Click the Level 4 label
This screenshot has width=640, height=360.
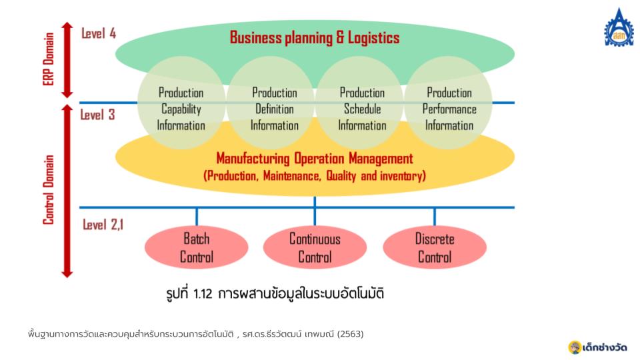tap(99, 33)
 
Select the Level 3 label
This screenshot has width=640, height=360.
tap(97, 115)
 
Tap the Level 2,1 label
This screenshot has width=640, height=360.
tap(103, 225)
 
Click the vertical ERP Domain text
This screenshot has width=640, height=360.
tap(49, 59)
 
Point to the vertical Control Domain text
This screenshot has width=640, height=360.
tap(49, 190)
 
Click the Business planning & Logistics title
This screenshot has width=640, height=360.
tap(315, 37)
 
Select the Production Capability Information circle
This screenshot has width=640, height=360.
tap(181, 103)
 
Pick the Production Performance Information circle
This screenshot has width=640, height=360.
tap(448, 103)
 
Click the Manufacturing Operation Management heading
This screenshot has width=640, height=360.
tap(315, 159)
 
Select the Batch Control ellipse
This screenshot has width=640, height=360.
tap(196, 247)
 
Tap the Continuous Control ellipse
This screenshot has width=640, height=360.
tap(315, 247)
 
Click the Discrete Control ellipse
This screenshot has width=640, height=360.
tap(435, 247)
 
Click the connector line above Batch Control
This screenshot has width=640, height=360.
tap(197, 217)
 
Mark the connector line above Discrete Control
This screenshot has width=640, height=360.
tap(435, 217)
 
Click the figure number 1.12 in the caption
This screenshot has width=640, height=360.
tap(203, 294)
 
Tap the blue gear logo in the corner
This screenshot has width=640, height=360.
tap(619, 27)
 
